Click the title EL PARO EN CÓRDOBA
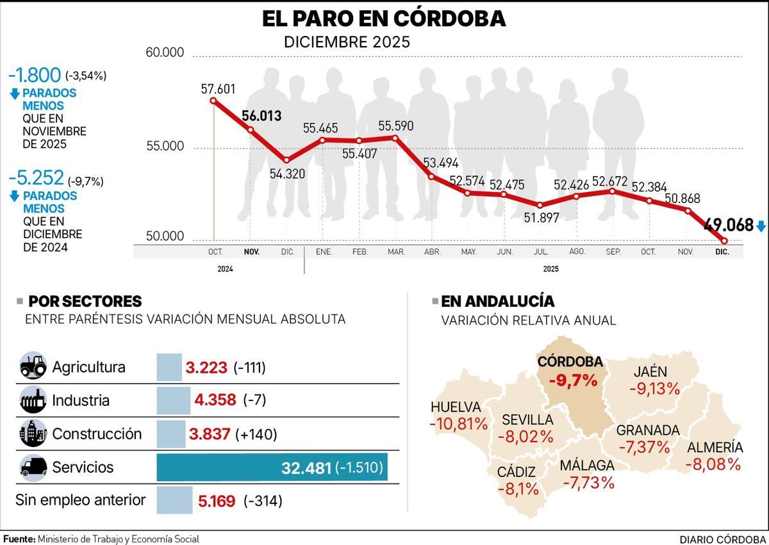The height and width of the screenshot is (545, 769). [384, 19]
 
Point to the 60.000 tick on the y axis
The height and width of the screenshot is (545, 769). [165, 53]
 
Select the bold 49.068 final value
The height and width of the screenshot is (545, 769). [728, 225]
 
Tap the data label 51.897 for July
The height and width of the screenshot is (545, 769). [541, 218]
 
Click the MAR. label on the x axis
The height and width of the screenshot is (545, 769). [396, 252]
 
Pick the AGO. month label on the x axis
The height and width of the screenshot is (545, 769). [577, 252]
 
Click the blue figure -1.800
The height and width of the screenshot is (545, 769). [35, 74]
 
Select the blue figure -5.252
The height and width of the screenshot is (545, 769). [36, 178]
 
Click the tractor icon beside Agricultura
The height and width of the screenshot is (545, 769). [33, 367]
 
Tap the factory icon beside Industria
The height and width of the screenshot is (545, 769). [33, 401]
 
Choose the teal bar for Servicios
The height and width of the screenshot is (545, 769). [272, 468]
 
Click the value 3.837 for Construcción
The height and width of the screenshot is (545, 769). [210, 434]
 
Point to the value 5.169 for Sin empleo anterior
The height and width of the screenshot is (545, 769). [217, 501]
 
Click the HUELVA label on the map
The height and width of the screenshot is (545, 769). [456, 407]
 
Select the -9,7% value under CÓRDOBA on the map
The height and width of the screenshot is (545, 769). [573, 380]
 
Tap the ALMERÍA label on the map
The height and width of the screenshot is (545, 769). [715, 448]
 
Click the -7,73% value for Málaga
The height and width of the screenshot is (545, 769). [588, 482]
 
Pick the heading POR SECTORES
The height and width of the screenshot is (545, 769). [85, 302]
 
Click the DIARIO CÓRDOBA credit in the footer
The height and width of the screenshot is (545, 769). [723, 539]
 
